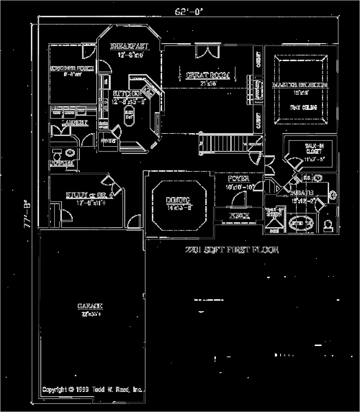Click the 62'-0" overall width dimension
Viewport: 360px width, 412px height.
click(189, 11)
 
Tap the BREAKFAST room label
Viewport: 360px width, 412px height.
click(129, 46)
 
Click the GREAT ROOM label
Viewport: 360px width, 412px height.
click(207, 76)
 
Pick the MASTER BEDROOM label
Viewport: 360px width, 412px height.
click(300, 85)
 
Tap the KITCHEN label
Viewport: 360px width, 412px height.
click(127, 93)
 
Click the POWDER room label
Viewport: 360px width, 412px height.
click(62, 163)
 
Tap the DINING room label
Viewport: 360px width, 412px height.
click(178, 200)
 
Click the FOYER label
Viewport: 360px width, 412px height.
click(238, 178)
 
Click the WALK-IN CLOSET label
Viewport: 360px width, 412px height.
click(309, 149)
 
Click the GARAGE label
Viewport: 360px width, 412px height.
click(90, 306)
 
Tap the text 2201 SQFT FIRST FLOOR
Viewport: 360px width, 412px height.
click(232, 250)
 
